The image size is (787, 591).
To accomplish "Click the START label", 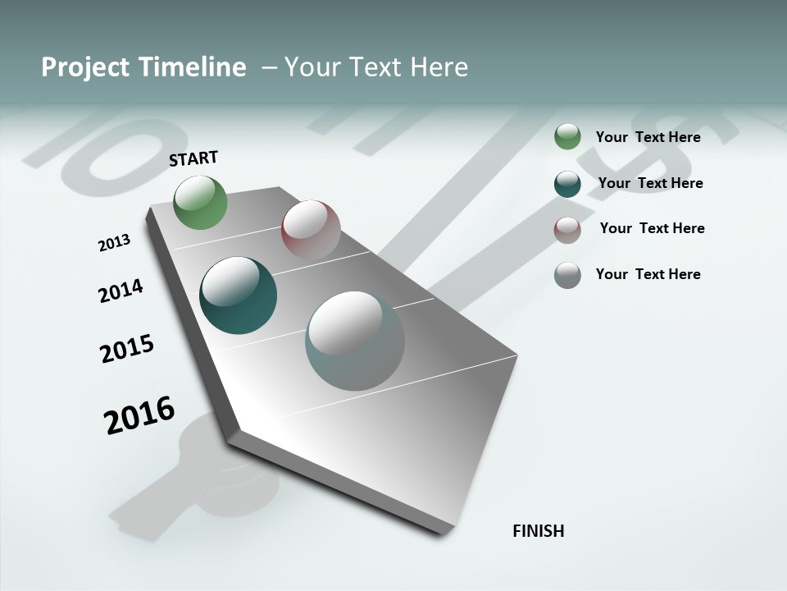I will click(x=193, y=158).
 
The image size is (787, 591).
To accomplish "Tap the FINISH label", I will click(x=538, y=531).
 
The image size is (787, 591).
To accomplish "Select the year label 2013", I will click(x=114, y=243).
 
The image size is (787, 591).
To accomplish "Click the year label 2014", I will click(x=121, y=291).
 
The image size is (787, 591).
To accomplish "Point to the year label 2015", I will click(x=127, y=349).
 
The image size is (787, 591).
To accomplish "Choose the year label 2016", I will click(x=139, y=415).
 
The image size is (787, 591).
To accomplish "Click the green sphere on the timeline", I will click(x=201, y=203).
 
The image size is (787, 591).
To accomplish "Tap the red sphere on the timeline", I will click(x=311, y=229).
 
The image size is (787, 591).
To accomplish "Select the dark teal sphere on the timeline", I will click(x=238, y=295).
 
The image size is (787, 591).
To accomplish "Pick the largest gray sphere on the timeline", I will click(x=355, y=341).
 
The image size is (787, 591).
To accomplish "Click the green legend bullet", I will click(x=567, y=137).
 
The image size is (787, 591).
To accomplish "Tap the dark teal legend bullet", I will click(x=567, y=184).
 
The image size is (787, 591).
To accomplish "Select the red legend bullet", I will click(x=567, y=230).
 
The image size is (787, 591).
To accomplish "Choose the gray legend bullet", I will click(x=567, y=275).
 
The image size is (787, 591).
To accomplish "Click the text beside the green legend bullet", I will click(x=648, y=137).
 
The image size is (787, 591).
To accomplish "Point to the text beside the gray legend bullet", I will click(x=648, y=274).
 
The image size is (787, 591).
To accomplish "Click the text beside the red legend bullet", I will click(x=652, y=228).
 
